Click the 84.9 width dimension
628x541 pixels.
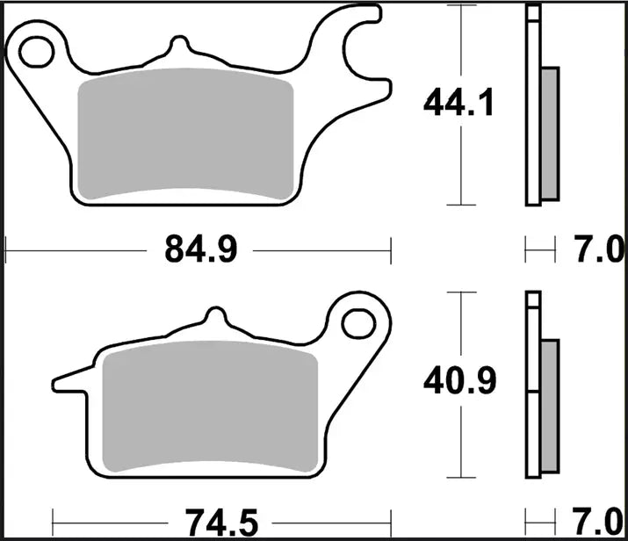point(199,251)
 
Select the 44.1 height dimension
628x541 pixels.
point(458,105)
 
